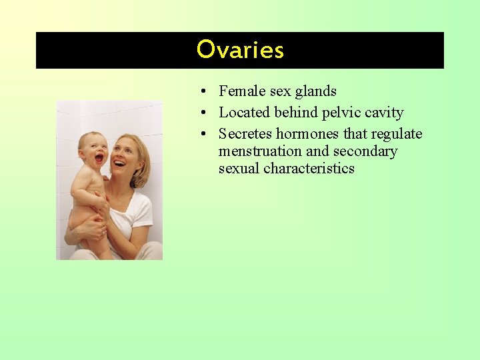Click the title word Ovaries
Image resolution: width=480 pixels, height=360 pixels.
point(240,50)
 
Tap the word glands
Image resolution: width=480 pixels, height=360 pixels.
point(315,91)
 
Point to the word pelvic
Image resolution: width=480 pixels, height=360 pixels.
point(341,113)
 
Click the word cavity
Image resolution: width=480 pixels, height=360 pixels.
point(384,113)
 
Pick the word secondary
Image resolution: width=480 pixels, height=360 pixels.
point(365,151)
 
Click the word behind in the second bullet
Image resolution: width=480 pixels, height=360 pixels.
point(295,113)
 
